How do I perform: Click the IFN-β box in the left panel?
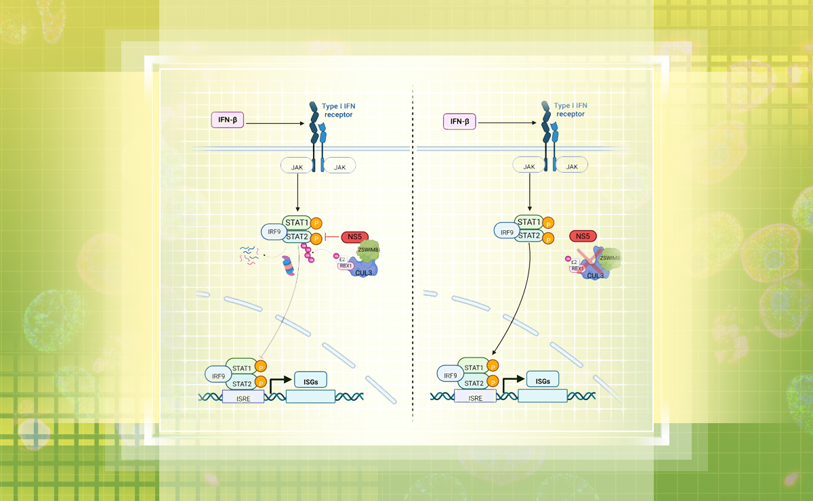[227, 123]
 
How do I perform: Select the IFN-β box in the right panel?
[460, 123]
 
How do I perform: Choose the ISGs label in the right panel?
[543, 380]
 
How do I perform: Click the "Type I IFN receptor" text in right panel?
[570, 110]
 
